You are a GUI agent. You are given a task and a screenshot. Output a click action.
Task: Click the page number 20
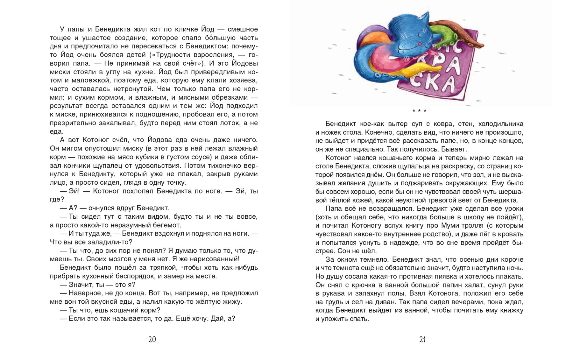pyautogui.click(x=152, y=340)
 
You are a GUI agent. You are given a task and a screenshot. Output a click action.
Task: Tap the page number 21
pyautogui.click(x=422, y=340)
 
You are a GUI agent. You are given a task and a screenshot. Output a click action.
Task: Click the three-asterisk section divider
pyautogui.click(x=419, y=111)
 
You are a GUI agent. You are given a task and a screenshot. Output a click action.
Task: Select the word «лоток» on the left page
pyautogui.click(x=223, y=123)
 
